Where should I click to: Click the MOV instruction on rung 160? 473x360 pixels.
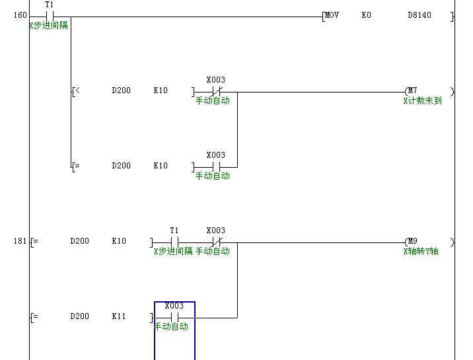point(332,15)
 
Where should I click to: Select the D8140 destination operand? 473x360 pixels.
point(419,15)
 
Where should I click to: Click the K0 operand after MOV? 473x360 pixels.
point(367,15)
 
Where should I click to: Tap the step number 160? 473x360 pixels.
point(19,15)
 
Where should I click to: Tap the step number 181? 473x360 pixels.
point(19,241)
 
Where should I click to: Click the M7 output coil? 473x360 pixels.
point(412,91)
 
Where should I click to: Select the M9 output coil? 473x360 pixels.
point(412,242)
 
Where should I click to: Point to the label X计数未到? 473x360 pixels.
point(423,101)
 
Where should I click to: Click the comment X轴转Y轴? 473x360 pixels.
point(421,252)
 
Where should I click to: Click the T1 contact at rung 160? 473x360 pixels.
point(49,16)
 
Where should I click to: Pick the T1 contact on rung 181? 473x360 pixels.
point(174,242)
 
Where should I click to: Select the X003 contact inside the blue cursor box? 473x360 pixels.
point(174,317)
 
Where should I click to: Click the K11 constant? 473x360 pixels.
point(119,316)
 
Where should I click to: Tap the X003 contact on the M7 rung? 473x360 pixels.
point(215,91)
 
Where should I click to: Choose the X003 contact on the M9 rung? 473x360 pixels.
point(215,242)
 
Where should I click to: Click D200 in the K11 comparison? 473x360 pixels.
point(79,316)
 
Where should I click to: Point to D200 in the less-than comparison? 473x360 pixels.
point(121,90)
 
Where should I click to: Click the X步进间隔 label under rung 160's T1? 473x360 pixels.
point(49,26)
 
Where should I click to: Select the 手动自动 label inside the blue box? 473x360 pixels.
point(172,326)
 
